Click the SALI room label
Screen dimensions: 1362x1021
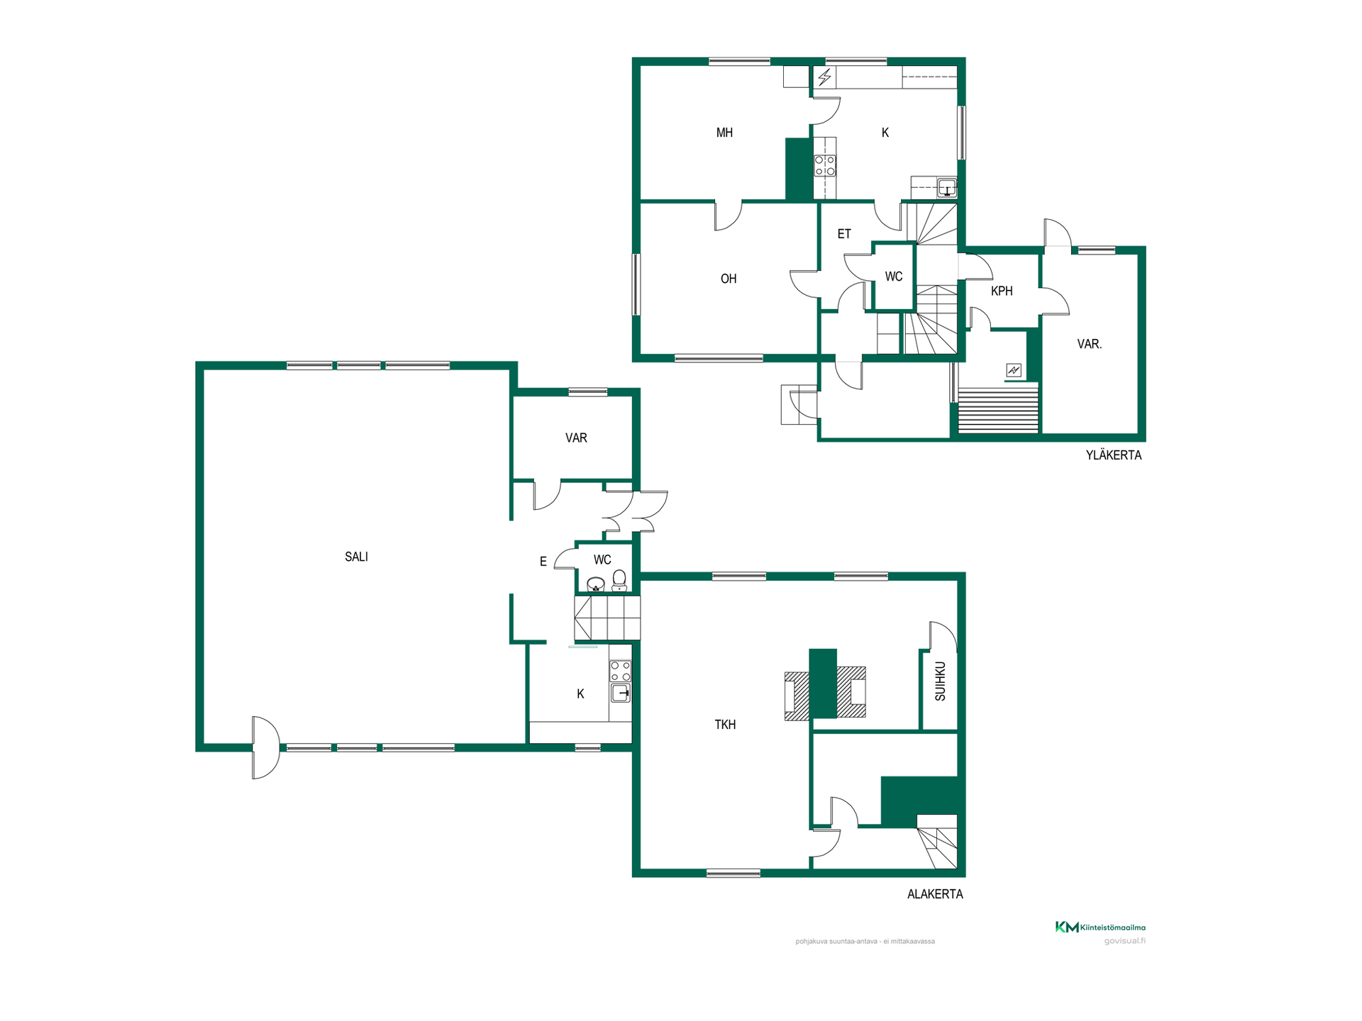[356, 557]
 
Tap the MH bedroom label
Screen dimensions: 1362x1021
[724, 133]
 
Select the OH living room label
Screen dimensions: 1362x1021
[729, 279]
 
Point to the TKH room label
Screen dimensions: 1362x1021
[725, 724]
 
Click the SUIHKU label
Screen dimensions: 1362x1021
[940, 681]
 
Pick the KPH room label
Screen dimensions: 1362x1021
[1002, 291]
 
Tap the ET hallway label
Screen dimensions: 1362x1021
[844, 233]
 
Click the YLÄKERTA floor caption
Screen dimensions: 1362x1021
[1114, 455]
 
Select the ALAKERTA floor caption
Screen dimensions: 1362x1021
[935, 894]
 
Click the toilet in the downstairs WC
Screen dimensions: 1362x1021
[619, 580]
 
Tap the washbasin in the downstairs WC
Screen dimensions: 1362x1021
[596, 584]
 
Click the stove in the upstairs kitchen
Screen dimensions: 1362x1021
[824, 165]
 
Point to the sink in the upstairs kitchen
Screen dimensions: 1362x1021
[947, 188]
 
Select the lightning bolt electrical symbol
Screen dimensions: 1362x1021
[824, 77]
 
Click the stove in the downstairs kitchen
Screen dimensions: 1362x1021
[620, 671]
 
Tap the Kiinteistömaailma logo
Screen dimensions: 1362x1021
[1100, 927]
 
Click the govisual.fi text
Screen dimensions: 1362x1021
[1125, 941]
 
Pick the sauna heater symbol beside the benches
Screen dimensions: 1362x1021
[1014, 370]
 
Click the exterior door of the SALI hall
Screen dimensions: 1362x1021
[266, 747]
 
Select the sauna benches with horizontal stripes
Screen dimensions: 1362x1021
[998, 410]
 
